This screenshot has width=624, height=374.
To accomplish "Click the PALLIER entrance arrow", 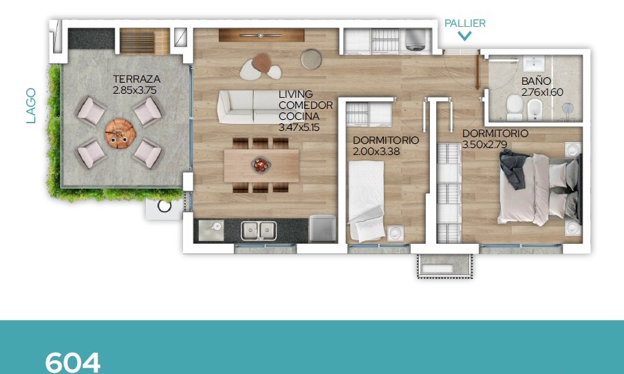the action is click(464, 37).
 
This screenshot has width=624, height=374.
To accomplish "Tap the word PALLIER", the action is click(465, 23).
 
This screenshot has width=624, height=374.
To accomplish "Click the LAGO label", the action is click(31, 105).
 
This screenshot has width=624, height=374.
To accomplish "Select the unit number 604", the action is click(72, 362).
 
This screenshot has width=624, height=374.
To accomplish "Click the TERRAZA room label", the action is click(136, 79).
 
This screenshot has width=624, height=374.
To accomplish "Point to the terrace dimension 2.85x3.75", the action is click(135, 90).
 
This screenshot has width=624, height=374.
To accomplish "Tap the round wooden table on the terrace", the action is click(120, 134).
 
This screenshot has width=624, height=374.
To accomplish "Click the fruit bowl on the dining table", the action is click(261, 164).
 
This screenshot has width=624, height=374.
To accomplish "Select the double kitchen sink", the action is click(258, 231).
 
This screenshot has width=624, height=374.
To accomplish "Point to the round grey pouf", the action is click(311, 60).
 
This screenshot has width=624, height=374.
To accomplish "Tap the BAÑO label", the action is click(536, 81).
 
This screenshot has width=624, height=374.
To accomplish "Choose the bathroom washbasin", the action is click(534, 63).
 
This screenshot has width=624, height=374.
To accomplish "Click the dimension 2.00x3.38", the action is click(376, 152).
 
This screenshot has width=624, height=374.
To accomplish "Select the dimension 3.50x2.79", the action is click(485, 144).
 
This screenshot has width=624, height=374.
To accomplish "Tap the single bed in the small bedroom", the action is click(367, 201).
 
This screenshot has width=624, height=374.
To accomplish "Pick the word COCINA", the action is click(299, 116).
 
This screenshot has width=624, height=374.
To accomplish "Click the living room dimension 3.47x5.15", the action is click(299, 127).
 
